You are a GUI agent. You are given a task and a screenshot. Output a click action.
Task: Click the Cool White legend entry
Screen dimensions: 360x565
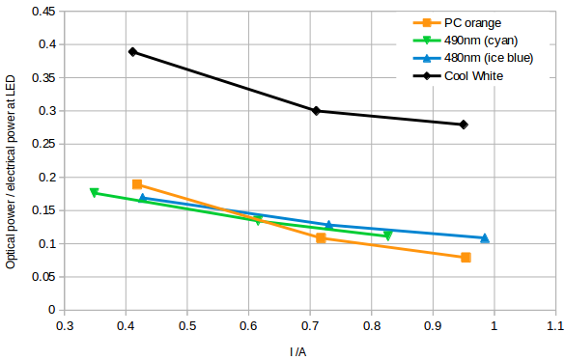473,76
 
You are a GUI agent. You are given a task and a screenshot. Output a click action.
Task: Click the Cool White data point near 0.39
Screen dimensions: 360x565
132,52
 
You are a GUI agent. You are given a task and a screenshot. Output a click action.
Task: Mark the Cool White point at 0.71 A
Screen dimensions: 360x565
316,111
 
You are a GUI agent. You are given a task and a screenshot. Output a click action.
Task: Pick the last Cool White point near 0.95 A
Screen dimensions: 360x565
464,125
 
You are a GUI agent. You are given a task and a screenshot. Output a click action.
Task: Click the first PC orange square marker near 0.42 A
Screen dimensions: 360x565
137,184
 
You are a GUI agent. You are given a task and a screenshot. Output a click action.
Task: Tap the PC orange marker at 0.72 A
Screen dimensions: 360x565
321,238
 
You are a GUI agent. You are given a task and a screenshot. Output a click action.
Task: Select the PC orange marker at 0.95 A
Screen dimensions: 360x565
466,258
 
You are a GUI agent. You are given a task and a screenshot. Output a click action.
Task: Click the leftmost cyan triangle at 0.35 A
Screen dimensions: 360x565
94,193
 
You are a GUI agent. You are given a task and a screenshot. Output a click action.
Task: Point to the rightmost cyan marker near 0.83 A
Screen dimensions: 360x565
388,235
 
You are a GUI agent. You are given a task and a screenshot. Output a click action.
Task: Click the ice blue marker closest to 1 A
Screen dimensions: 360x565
485,237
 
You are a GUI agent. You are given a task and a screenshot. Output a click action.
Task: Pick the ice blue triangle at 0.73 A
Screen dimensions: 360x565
328,225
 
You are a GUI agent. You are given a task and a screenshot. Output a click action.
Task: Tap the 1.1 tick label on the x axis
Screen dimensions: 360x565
554,326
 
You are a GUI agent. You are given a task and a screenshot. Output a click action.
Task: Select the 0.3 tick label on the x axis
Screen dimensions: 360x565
64,326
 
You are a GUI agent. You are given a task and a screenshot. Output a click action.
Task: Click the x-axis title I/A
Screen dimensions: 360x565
297,351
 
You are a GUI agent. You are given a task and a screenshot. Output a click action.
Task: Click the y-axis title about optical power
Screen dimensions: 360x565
11,161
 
